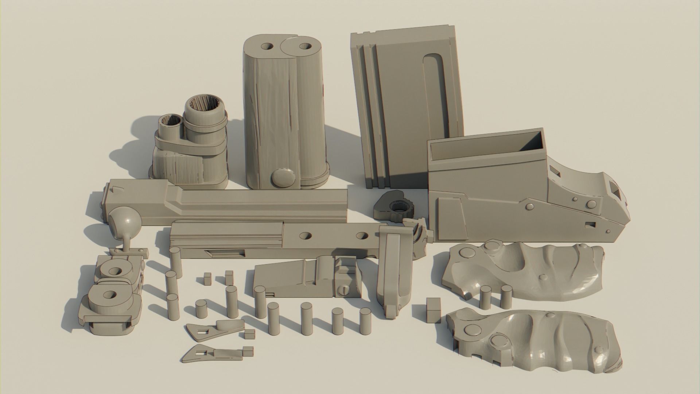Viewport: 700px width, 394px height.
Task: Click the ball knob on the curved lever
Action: (125, 221)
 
